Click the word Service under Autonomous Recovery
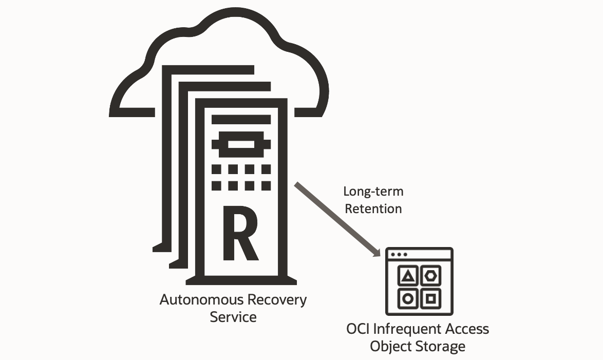pyautogui.click(x=233, y=317)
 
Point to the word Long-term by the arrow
pyautogui.click(x=373, y=192)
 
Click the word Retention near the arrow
pyautogui.click(x=373, y=209)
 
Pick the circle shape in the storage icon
pyautogui.click(x=408, y=298)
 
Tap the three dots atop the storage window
pyautogui.click(x=399, y=254)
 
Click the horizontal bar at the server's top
pyautogui.click(x=240, y=120)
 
